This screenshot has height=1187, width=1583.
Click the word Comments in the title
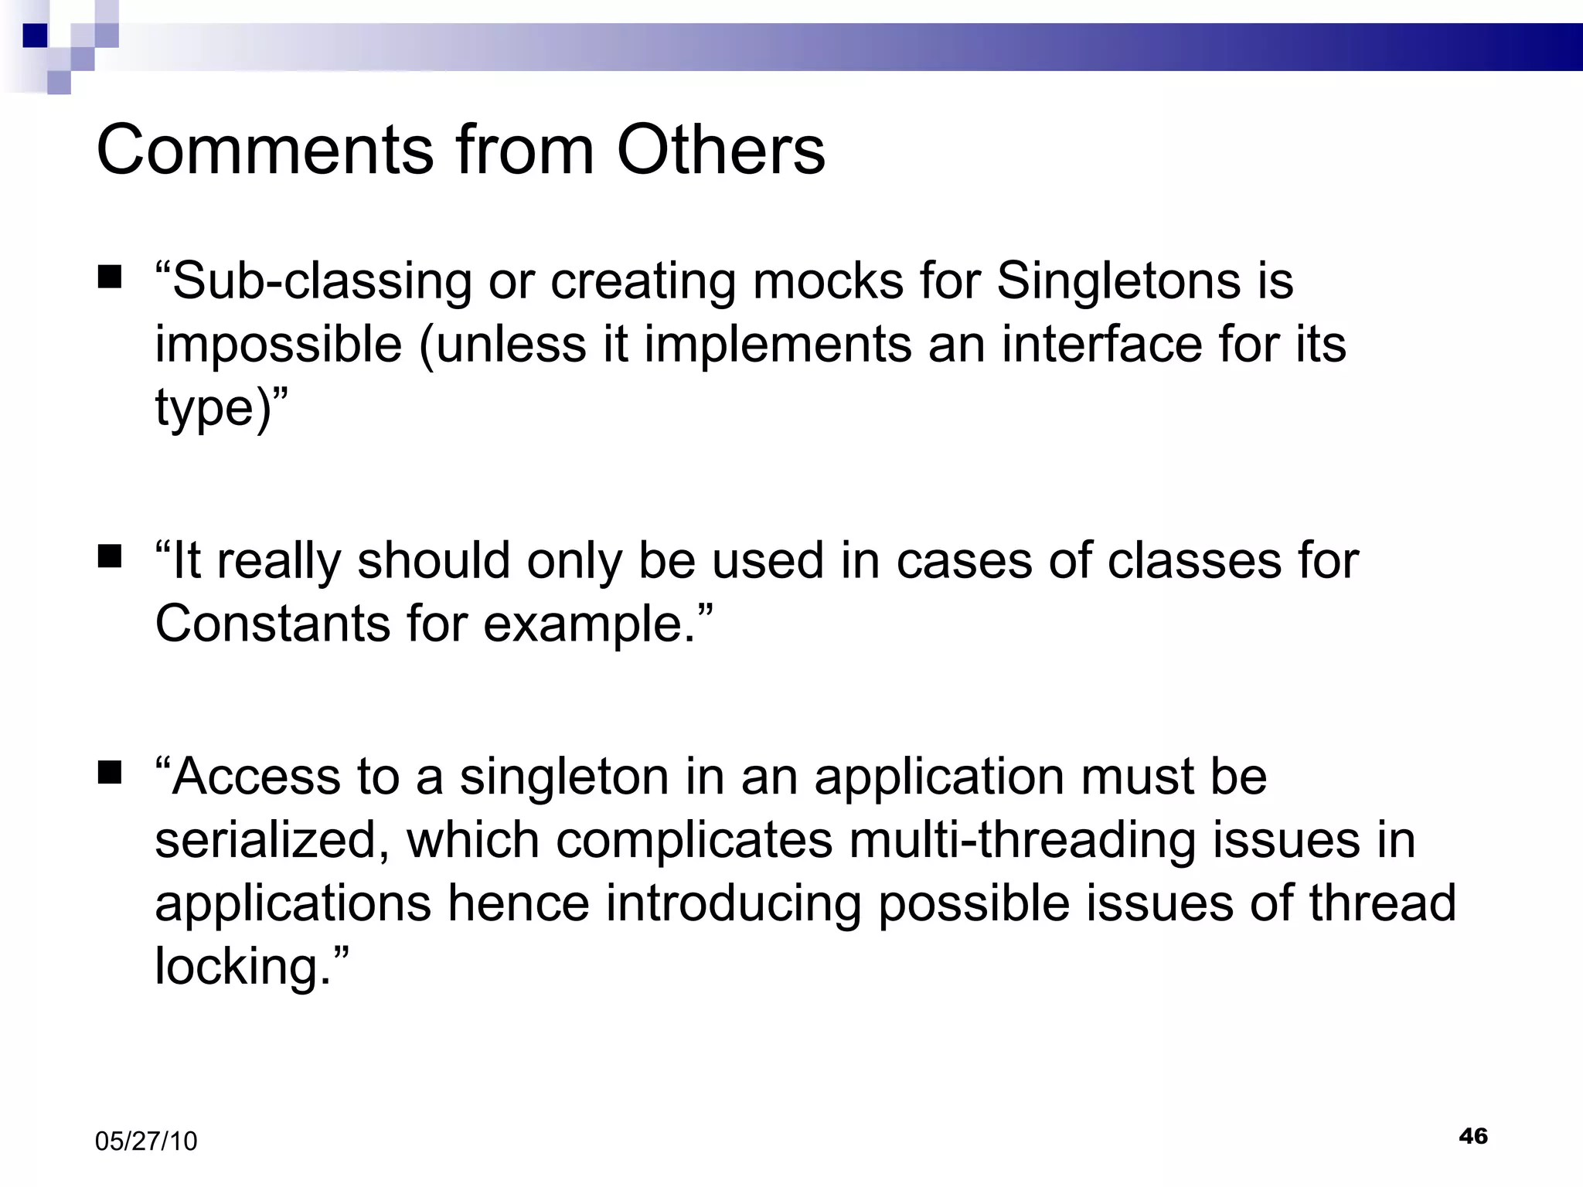(x=265, y=150)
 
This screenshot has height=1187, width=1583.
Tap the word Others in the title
(x=720, y=150)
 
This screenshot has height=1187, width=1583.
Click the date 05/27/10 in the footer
(x=146, y=1141)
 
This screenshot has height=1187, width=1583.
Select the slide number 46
(x=1473, y=1136)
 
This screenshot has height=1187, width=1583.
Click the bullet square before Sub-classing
(x=110, y=277)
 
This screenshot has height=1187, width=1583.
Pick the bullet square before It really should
(x=110, y=556)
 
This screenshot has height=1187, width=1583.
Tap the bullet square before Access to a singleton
(x=110, y=772)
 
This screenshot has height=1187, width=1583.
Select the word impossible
(x=278, y=344)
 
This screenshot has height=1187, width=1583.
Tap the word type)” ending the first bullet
(x=221, y=408)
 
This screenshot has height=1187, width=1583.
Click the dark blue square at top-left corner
(x=36, y=36)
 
